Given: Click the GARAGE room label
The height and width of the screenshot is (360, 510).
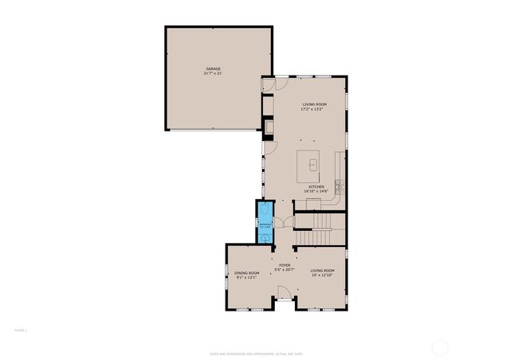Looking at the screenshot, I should (x=213, y=69).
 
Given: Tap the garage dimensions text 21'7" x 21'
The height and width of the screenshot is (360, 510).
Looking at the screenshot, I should (x=213, y=74).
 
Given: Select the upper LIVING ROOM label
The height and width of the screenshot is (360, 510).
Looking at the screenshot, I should (x=314, y=104).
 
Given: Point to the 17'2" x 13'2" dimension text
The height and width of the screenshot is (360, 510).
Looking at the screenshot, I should (x=314, y=109).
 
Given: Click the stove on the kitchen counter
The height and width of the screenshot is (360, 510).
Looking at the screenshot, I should (x=339, y=187).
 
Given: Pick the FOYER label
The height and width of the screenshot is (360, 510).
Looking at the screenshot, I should (x=284, y=264).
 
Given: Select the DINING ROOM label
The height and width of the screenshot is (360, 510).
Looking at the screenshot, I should (x=247, y=272).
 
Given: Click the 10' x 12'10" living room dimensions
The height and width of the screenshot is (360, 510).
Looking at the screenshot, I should (x=323, y=276).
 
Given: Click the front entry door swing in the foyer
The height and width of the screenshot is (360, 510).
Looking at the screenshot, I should (x=284, y=300).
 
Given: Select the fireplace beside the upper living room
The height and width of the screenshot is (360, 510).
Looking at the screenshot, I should (x=270, y=126).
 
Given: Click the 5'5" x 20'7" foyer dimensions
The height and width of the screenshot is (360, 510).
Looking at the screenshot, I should (x=284, y=269).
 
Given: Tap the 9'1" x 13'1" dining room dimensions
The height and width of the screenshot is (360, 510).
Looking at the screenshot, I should (x=247, y=277).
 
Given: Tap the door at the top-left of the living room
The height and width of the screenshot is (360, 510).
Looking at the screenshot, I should (x=269, y=83).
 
